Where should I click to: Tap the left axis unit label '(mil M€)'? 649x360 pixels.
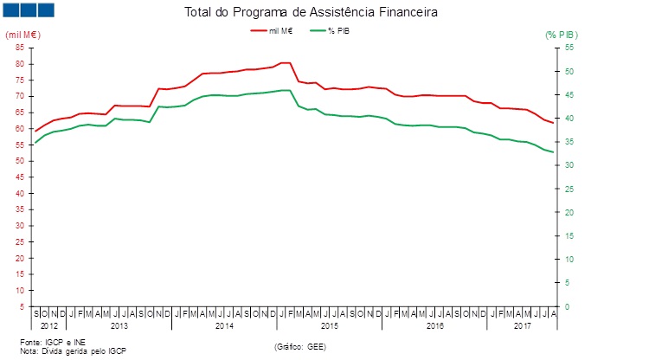coord(22,35)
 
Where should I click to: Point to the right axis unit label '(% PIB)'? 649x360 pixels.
coord(562,35)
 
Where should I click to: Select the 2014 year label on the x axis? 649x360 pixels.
coord(224,326)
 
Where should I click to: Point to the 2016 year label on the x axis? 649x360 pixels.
coord(434,326)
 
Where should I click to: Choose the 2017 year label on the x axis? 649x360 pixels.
coord(522,326)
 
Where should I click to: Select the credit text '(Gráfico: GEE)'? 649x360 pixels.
coord(300,346)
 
